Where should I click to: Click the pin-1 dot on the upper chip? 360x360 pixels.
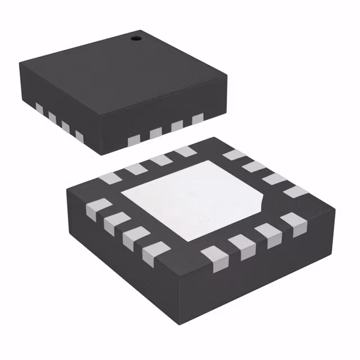pos(135,38)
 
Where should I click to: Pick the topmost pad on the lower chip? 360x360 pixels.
pos(184,152)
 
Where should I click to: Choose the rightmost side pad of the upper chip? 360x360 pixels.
pos(197,119)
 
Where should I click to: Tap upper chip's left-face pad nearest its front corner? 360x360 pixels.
pos(79,137)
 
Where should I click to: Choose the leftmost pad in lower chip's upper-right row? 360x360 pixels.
pos(232,155)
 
